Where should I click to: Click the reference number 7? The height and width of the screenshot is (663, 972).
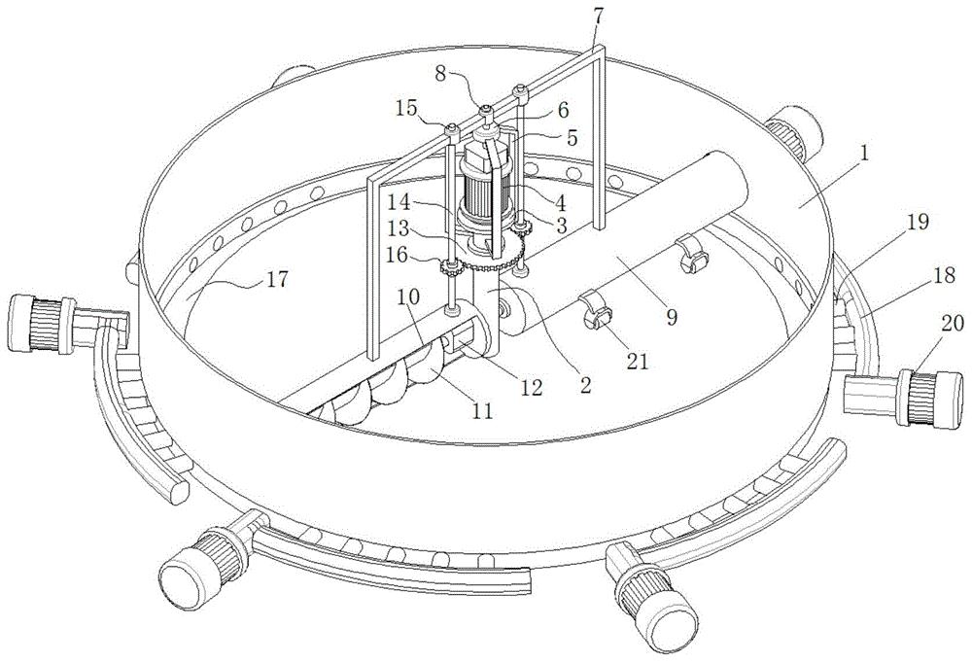(598, 17)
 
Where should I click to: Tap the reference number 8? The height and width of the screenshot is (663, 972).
(440, 75)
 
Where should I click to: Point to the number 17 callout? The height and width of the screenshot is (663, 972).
(278, 280)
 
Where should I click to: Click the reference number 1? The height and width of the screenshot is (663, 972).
(864, 154)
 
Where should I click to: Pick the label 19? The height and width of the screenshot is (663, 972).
(919, 222)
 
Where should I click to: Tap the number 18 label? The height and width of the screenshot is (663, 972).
(945, 275)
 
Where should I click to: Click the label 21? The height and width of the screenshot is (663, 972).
(637, 360)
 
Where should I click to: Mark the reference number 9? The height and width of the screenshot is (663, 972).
(672, 317)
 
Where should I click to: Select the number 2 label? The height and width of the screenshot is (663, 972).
(584, 385)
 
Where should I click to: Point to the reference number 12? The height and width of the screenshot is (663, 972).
(531, 388)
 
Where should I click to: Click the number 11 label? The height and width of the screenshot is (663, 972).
(482, 410)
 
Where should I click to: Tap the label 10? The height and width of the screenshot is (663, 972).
(408, 297)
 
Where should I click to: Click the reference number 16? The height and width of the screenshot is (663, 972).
(411, 256)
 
